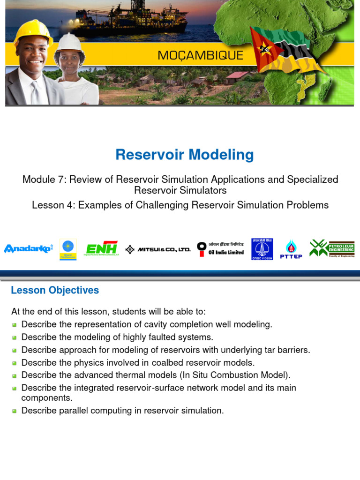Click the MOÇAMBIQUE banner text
pos(200,55)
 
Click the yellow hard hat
pos(32,32)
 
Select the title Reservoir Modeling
pos(185,155)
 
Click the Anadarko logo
pos(28,248)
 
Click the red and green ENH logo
pos(102,248)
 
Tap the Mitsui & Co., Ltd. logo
pos(158,249)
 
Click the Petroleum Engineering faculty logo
pos(332,248)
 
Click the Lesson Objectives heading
pos(55,290)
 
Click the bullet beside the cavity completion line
pos(14,325)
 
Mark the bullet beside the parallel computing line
pos(14,411)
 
